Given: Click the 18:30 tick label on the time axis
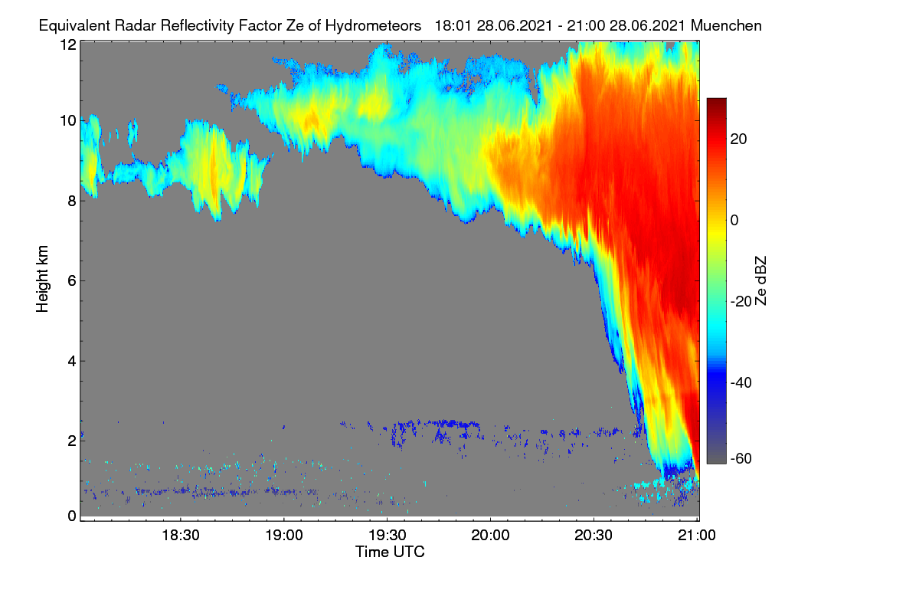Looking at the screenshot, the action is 181,536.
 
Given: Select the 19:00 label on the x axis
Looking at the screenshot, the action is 284,536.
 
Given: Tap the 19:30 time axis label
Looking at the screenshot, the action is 388,536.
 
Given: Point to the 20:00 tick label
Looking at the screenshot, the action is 490,536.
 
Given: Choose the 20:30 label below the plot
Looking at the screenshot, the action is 594,536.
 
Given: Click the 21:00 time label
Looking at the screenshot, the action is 697,536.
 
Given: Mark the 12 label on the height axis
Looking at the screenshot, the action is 68,44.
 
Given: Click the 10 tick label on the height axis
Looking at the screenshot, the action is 68,121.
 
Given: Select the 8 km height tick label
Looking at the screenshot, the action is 73,202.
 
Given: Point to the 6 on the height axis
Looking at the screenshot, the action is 73,281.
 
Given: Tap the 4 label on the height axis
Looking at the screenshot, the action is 73,362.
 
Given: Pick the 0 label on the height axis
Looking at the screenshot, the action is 73,516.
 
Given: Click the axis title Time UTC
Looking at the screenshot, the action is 390,552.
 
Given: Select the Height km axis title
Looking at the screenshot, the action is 42,279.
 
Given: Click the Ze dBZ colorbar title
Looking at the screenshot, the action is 760,281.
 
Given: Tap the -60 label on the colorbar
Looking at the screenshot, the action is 741,459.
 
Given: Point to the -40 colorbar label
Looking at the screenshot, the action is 741,382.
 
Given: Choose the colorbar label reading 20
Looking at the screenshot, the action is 738,139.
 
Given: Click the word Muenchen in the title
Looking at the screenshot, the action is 726,25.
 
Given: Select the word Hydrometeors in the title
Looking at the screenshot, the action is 374,26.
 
